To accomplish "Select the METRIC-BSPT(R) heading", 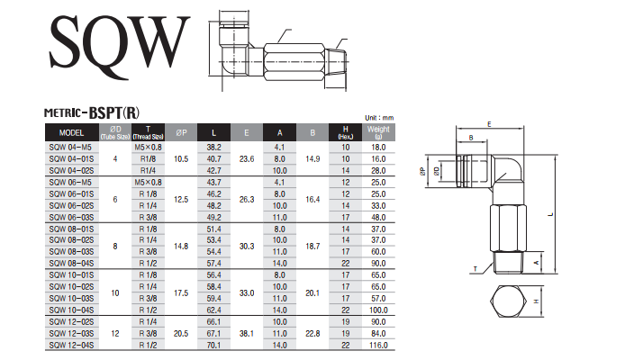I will tap(92, 112).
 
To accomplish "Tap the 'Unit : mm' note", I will tap(379, 118).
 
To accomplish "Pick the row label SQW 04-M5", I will tap(68, 146).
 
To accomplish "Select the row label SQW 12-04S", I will tap(69, 344).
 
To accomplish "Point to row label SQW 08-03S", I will tap(69, 252).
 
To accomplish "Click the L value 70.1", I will tap(214, 344).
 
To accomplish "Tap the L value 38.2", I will tap(214, 146).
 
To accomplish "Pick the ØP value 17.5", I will tap(182, 292).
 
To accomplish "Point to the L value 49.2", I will tap(214, 217).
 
